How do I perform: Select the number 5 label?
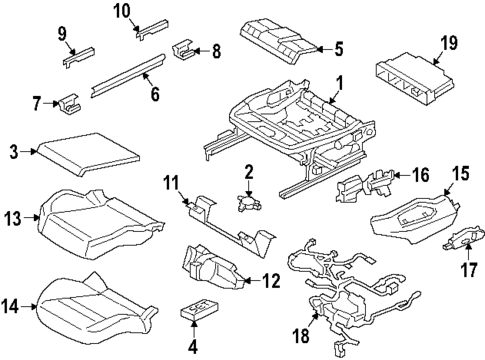(x=338, y=46)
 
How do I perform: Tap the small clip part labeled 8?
(x=186, y=48)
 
